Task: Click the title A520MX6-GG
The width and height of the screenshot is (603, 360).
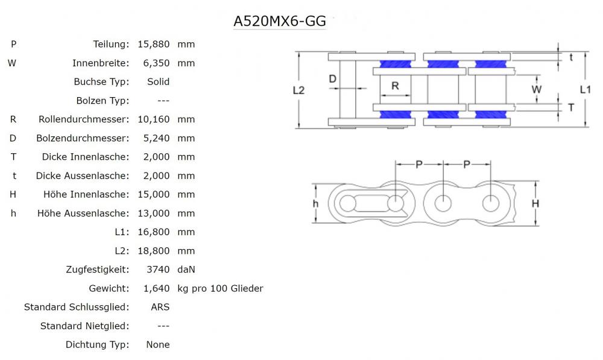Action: (x=280, y=21)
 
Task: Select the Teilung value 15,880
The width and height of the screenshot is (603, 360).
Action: (x=154, y=44)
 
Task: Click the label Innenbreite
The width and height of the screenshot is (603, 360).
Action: (x=101, y=63)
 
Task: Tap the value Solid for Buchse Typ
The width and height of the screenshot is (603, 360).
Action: (x=158, y=81)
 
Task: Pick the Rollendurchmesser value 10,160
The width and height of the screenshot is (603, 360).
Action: (x=154, y=119)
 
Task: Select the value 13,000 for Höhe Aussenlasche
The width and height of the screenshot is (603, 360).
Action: (x=154, y=213)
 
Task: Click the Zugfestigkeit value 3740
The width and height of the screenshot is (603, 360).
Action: (x=157, y=270)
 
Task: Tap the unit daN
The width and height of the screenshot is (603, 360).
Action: (x=186, y=270)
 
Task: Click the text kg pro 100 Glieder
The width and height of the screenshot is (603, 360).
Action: (x=220, y=288)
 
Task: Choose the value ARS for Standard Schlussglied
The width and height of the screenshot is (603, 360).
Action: (x=160, y=307)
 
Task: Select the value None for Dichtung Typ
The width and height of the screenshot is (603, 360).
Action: (x=158, y=345)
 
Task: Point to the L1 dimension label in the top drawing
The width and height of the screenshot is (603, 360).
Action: (x=585, y=89)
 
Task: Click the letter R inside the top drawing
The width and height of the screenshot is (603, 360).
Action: (x=395, y=86)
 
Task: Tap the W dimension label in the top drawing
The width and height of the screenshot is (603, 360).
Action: (x=536, y=89)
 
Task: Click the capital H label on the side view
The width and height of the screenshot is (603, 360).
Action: (x=535, y=204)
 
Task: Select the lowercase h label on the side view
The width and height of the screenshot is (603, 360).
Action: (x=315, y=204)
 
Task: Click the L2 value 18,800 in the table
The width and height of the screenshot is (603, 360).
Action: (x=154, y=251)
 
